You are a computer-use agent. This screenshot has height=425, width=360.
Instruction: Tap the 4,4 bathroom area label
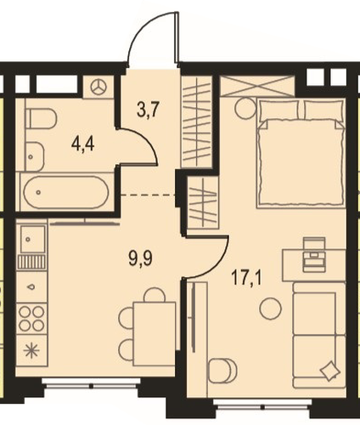83,145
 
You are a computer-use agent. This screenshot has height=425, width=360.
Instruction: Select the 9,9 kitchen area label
141,258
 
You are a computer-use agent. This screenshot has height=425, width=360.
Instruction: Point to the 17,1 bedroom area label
247,278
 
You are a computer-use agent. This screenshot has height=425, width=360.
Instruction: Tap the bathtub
66,192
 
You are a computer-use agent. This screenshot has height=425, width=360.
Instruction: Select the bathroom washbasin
35,156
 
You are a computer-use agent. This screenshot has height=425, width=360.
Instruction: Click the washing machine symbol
98,87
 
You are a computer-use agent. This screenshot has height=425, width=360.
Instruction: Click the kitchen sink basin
32,239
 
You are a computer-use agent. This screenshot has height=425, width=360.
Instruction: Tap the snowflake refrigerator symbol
31,352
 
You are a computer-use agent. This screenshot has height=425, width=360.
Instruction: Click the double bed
301,153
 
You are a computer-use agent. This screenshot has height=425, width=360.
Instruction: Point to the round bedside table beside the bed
245,108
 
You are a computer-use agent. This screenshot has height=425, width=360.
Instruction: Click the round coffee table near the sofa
270,309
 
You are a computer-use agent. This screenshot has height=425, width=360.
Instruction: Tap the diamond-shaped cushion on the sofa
329,370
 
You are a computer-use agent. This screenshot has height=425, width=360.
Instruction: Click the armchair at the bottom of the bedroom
222,371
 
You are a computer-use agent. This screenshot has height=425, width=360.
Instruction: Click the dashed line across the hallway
148,195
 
